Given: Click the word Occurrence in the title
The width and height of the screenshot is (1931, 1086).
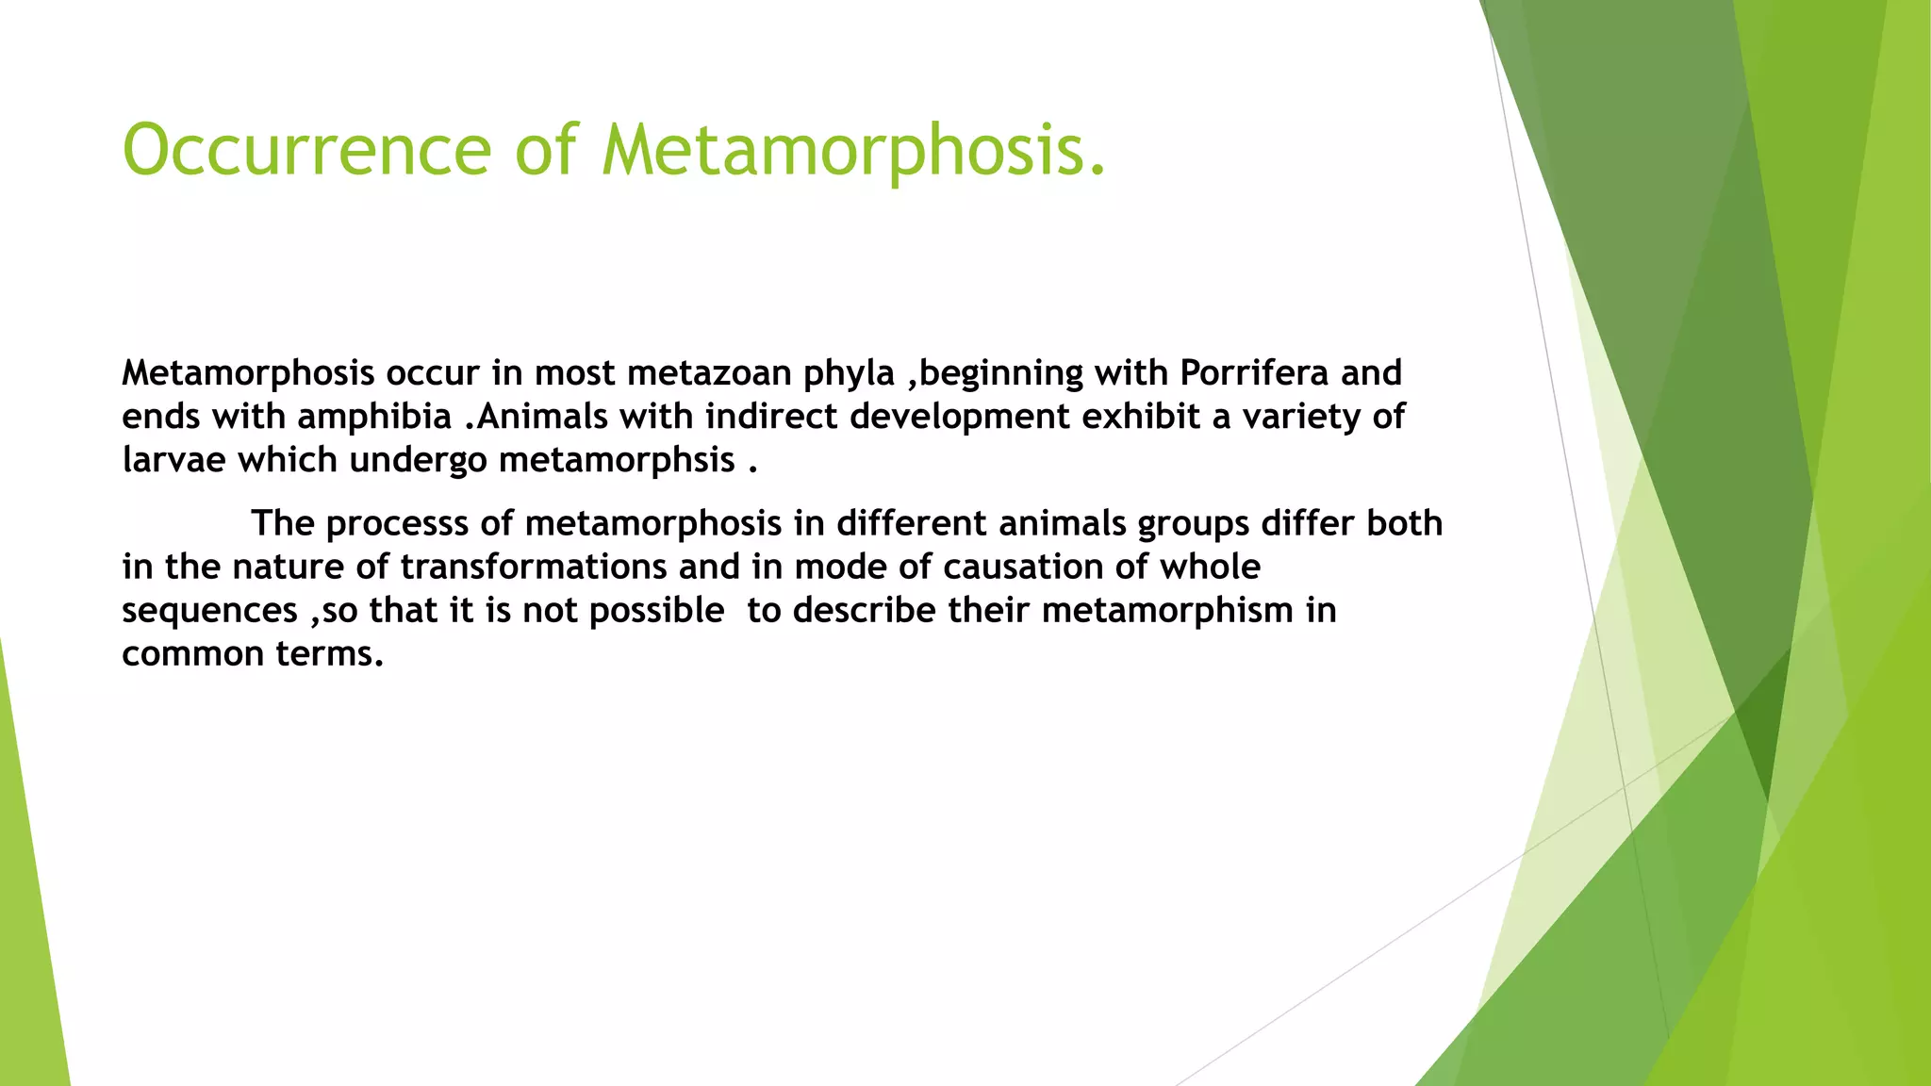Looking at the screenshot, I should click(x=306, y=150).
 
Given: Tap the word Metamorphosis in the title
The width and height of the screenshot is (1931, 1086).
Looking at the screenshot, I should click(x=853, y=150).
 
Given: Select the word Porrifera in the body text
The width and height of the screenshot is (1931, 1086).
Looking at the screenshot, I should click(x=1253, y=373).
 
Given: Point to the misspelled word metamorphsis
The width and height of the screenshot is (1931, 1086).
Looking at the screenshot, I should click(x=617, y=460).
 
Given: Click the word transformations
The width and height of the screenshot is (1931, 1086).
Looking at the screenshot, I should click(x=527, y=567).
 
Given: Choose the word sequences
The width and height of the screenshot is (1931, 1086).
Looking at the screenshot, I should click(x=209, y=611).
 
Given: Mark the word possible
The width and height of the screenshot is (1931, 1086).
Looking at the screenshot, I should click(x=656, y=611).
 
